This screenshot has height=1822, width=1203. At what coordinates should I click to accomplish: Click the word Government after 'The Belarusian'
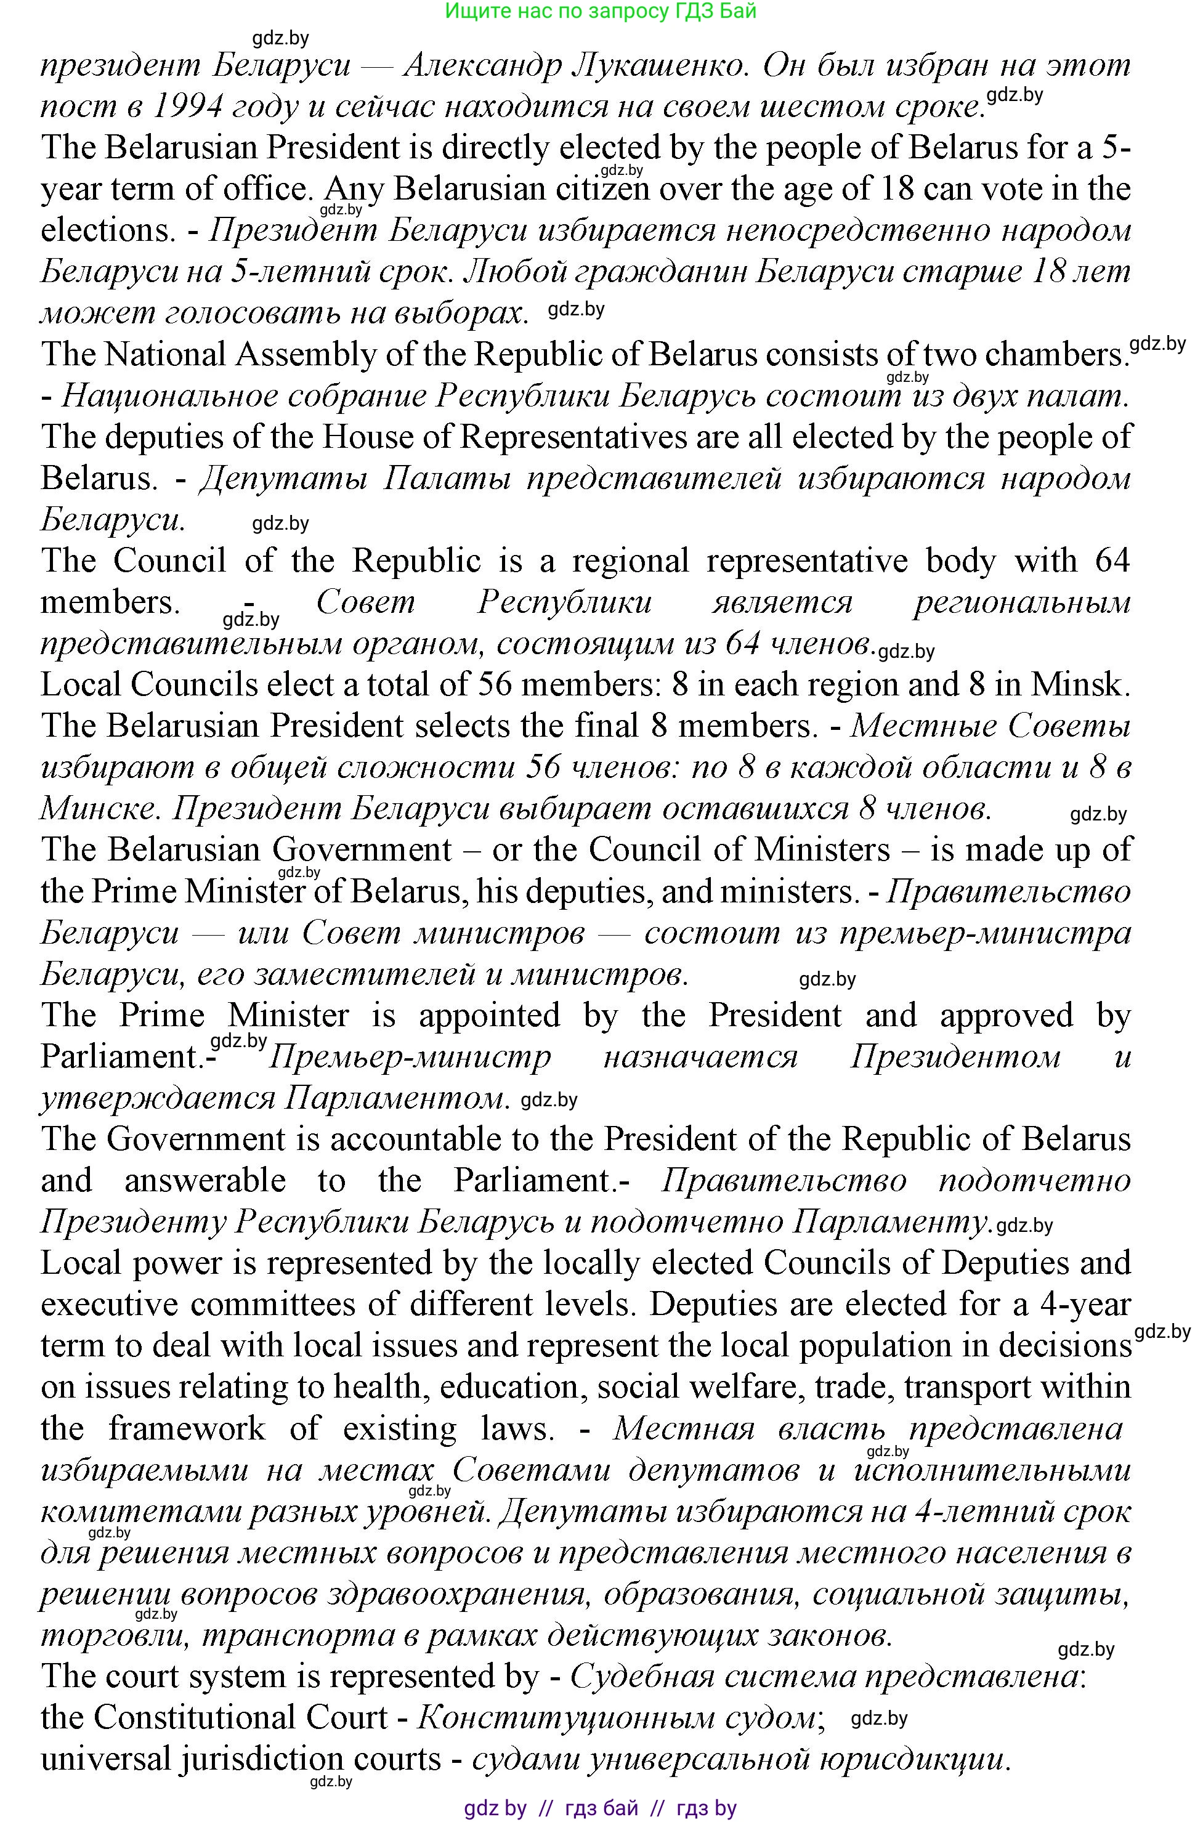[362, 850]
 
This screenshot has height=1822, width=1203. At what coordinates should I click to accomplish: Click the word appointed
[490, 1016]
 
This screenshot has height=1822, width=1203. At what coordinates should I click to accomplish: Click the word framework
[187, 1428]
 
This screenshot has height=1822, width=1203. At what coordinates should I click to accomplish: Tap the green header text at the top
[601, 10]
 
